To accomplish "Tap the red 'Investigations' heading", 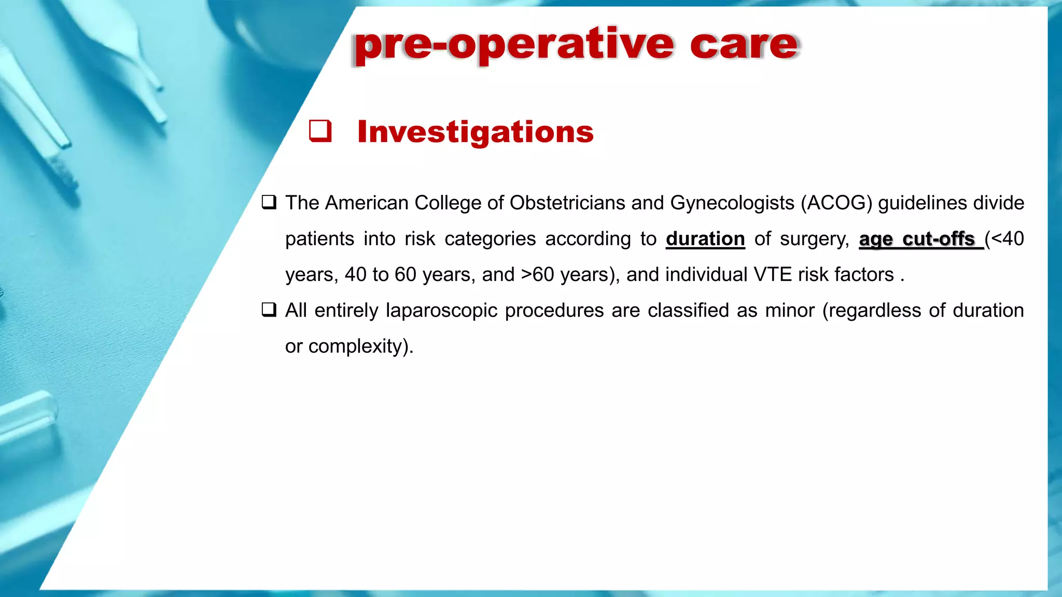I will pos(475,132).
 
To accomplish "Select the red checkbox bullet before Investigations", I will pos(320,131).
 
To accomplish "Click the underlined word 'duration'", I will pos(705,239).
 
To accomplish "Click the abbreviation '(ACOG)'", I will pos(836,203).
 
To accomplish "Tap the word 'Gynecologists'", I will pos(732,203).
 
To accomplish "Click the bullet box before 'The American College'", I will pos(269,202).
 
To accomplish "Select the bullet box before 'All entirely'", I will pos(269,310).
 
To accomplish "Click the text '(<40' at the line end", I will pos(1004,239).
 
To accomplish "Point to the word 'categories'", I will pos(490,239).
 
